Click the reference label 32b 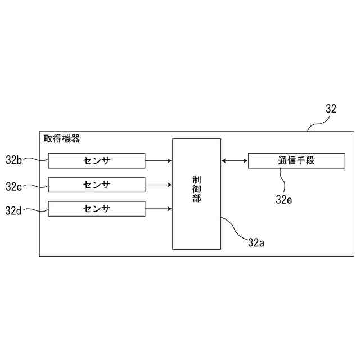[13, 160]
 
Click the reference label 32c [13, 185]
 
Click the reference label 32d [13, 210]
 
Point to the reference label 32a [256, 242]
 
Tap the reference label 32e [284, 198]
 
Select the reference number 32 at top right [331, 109]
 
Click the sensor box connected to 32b [96, 160]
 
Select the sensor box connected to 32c [96, 184]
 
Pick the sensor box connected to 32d [96, 209]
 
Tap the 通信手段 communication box [296, 160]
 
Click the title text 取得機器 [62, 138]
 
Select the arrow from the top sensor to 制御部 [159, 160]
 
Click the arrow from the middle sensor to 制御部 [159, 184]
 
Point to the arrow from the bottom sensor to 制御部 [159, 209]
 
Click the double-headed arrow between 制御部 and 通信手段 [235, 160]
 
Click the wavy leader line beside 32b [35, 160]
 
